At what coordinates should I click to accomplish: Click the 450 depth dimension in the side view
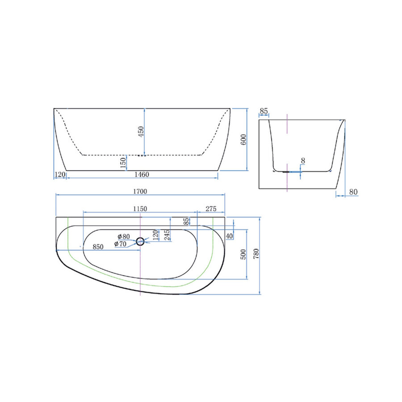pyautogui.click(x=141, y=132)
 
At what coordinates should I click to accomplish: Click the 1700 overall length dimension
pyautogui.click(x=140, y=191)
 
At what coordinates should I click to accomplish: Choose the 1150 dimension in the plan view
pyautogui.click(x=140, y=209)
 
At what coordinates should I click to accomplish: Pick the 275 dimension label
pyautogui.click(x=210, y=209)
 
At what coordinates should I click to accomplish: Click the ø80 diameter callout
pyautogui.click(x=123, y=236)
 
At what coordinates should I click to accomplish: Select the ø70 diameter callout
pyautogui.click(x=120, y=244)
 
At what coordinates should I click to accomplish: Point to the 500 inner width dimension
pyautogui.click(x=244, y=254)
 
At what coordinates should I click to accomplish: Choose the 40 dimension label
pyautogui.click(x=229, y=236)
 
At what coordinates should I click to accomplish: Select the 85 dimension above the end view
pyautogui.click(x=264, y=111)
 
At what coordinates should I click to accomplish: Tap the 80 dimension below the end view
pyautogui.click(x=353, y=192)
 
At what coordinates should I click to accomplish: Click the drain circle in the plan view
pyautogui.click(x=141, y=242)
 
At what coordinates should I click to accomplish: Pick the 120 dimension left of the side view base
pyautogui.click(x=60, y=174)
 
